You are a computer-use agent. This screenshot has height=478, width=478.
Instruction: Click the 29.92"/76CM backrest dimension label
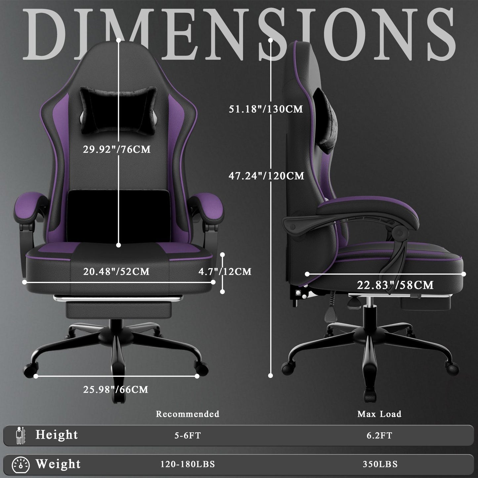point(116,149)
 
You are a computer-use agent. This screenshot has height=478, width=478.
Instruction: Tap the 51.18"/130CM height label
point(266,109)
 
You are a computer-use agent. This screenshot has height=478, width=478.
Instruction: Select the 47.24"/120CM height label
point(266,176)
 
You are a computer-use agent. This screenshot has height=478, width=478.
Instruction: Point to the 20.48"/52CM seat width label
point(116,272)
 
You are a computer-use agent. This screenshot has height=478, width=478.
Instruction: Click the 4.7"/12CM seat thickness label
point(225,272)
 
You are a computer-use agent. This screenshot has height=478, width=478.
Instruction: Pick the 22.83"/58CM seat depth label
point(395,285)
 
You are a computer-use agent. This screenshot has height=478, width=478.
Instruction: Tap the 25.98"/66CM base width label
point(115,389)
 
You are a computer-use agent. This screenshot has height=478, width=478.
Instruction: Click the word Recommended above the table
point(188,414)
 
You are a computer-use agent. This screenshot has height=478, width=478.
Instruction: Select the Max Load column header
point(379,414)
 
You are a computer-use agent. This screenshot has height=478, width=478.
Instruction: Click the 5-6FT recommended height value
point(188,436)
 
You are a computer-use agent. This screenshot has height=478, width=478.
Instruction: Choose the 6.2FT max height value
point(379,436)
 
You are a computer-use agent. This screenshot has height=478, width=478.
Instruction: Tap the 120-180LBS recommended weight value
point(188,464)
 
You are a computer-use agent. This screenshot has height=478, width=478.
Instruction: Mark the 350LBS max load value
point(380,464)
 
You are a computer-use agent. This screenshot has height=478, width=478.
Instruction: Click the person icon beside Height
point(20,436)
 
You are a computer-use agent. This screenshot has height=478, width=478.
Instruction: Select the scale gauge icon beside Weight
point(21,465)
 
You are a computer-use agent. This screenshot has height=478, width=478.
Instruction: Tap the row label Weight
point(58,464)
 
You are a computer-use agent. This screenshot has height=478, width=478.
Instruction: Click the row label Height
point(57,435)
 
